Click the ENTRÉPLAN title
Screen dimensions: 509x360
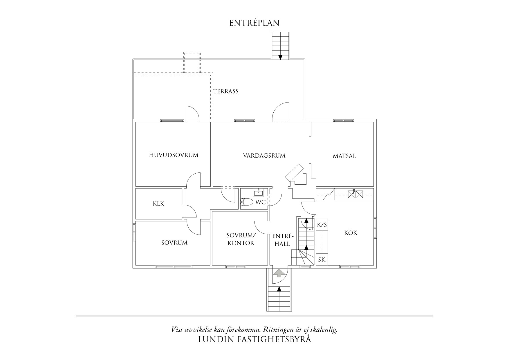255,23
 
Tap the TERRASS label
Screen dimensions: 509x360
226,91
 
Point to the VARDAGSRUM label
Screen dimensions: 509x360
264,156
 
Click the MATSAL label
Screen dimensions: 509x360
344,156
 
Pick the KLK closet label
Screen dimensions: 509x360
158,204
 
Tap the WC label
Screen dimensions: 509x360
260,202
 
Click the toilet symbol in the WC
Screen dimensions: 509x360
247,202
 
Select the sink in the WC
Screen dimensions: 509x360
258,192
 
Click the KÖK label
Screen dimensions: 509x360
351,233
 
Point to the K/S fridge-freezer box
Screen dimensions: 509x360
322,225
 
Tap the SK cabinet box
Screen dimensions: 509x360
322,259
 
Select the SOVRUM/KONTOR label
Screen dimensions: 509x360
241,239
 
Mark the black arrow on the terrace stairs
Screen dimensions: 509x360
280,57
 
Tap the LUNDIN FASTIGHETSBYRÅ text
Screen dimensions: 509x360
255,339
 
